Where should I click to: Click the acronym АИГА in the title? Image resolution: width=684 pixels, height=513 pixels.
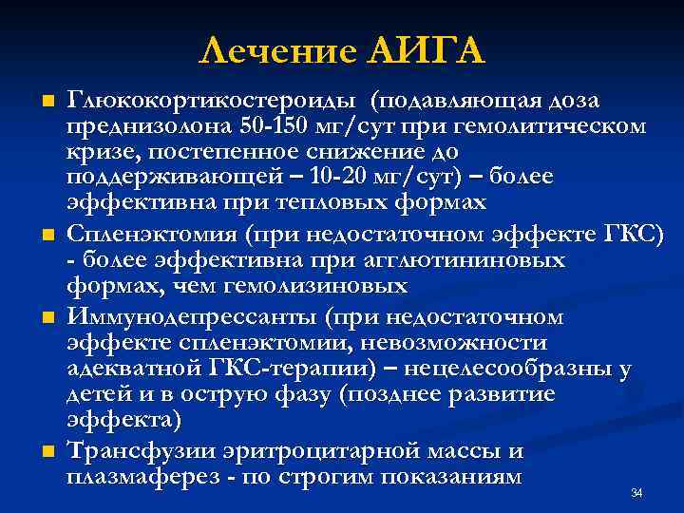pyautogui.click(x=425, y=48)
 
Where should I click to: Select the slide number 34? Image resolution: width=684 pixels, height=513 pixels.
pyautogui.click(x=636, y=493)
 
